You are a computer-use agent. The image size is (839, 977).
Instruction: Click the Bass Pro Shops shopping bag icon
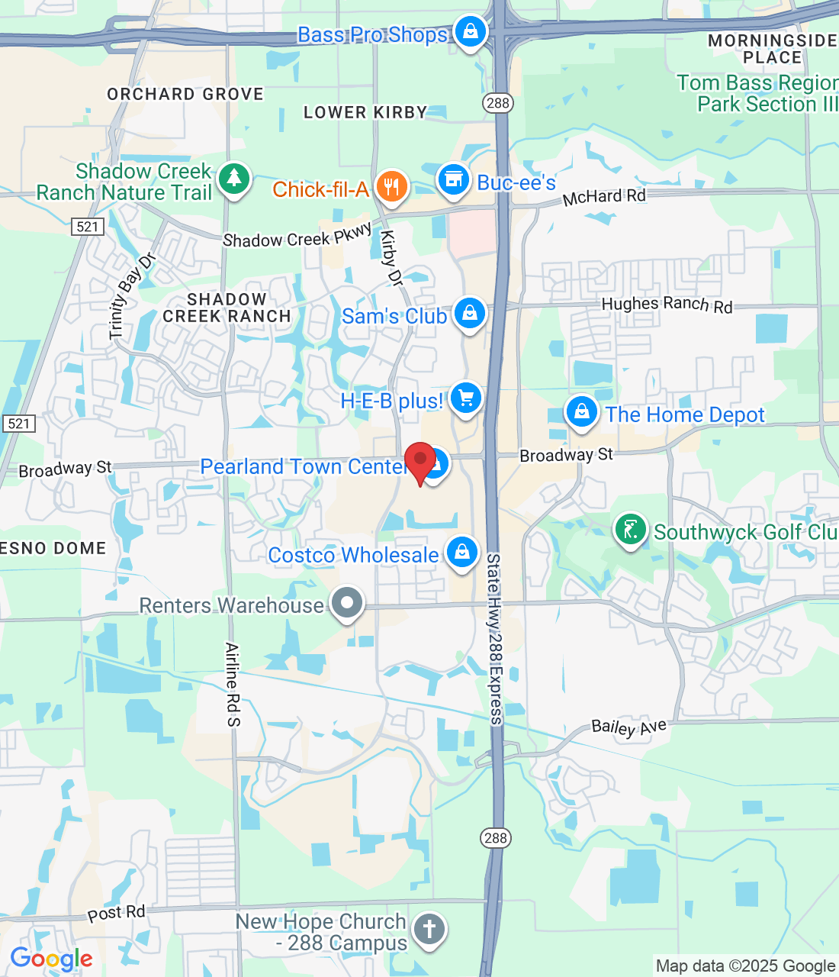(x=471, y=31)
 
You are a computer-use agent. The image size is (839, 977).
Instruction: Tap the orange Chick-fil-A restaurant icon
(x=391, y=185)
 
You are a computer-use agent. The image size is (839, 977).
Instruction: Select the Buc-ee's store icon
(x=453, y=179)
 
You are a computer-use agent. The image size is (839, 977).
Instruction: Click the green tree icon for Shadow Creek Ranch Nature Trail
(x=233, y=179)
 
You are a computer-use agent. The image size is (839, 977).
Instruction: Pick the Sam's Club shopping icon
(x=470, y=313)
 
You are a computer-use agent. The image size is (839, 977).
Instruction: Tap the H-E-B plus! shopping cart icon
(x=465, y=398)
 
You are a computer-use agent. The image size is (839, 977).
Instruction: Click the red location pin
(x=419, y=461)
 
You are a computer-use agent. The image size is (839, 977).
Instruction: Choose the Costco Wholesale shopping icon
(x=461, y=552)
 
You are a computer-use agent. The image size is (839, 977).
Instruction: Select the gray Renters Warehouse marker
(x=347, y=603)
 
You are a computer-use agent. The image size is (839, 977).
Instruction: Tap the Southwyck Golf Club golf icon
(x=630, y=529)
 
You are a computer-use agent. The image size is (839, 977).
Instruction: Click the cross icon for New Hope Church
(x=429, y=930)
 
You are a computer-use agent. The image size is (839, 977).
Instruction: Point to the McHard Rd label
(x=604, y=197)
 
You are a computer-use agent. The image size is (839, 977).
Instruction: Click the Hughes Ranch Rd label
(x=667, y=305)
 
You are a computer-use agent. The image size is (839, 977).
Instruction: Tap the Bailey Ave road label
(x=629, y=727)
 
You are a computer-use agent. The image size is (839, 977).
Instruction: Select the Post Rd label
(x=116, y=913)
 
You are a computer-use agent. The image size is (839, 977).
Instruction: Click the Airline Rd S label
(x=233, y=684)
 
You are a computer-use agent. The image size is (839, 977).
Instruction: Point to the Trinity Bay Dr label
(x=132, y=296)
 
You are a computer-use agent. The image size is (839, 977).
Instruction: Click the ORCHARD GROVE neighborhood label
(x=185, y=95)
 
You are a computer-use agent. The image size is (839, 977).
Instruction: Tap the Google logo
(x=51, y=959)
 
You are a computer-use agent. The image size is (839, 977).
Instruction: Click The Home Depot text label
(x=685, y=414)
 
